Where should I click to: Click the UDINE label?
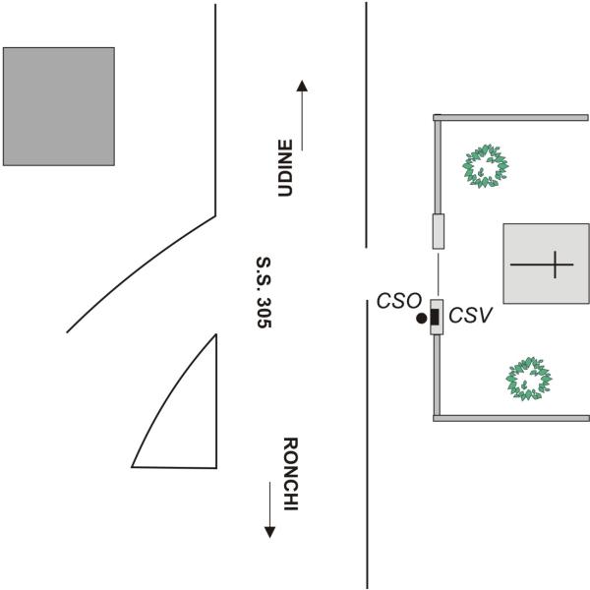click(x=285, y=168)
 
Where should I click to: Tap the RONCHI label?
click(x=290, y=474)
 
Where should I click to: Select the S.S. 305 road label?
click(x=264, y=292)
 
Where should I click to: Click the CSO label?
click(x=399, y=301)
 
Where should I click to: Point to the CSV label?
click(x=470, y=316)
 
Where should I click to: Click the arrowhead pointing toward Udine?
click(x=302, y=87)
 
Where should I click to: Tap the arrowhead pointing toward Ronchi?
click(x=269, y=532)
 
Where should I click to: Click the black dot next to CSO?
click(x=422, y=319)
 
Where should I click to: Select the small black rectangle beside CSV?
click(x=435, y=317)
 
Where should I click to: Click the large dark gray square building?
click(x=59, y=106)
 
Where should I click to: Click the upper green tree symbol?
click(x=486, y=166)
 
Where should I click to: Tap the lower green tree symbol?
click(x=529, y=379)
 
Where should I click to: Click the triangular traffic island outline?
click(x=216, y=401)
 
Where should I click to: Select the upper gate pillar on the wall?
click(x=439, y=231)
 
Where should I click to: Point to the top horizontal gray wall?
click(x=510, y=118)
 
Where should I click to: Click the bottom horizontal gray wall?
click(x=511, y=418)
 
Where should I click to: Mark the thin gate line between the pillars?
click(x=438, y=274)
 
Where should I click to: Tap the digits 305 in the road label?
click(x=264, y=313)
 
